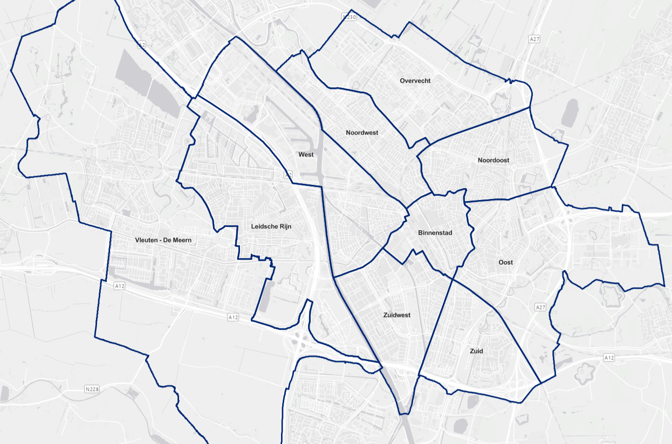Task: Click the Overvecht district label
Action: tap(415, 81)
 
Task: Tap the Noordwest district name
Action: tap(362, 133)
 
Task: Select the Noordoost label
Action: tap(493, 160)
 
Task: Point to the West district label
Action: tap(306, 155)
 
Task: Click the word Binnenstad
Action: tap(435, 233)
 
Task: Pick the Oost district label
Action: tap(505, 262)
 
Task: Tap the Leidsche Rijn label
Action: tap(271, 226)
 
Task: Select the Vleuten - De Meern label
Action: tap(163, 240)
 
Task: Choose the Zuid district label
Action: tap(476, 351)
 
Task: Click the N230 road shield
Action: tap(350, 17)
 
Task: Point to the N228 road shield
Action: tap(92, 388)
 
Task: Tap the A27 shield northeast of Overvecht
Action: tap(534, 39)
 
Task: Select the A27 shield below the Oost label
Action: tap(540, 307)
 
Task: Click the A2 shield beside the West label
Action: tap(289, 175)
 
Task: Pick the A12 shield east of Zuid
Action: tap(609, 357)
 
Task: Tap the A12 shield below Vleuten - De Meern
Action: tap(120, 286)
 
